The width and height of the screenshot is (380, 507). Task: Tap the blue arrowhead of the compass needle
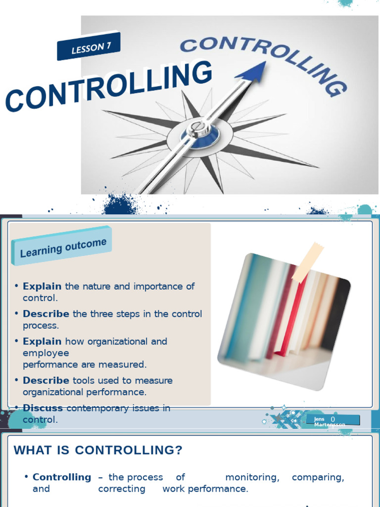click(252, 71)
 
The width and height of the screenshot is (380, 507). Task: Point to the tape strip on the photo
click(308, 262)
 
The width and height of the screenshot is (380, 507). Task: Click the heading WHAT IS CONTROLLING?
click(98, 450)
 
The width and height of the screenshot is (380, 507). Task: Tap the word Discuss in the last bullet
click(43, 408)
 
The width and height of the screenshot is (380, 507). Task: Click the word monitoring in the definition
click(252, 477)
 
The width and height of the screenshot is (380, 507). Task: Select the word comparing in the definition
click(318, 477)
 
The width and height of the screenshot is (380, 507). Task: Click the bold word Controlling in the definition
click(62, 477)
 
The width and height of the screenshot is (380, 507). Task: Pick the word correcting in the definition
click(122, 489)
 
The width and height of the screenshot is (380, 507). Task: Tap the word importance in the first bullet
click(151, 286)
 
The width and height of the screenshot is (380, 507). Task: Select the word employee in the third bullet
click(46, 353)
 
